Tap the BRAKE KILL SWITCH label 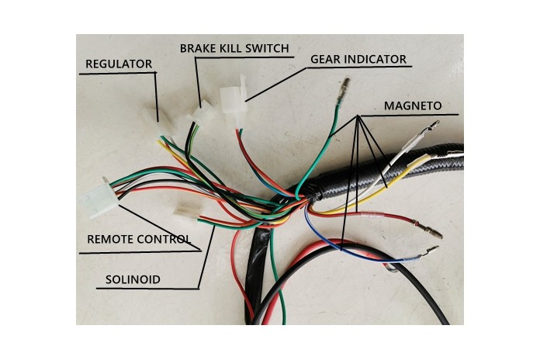click(234, 48)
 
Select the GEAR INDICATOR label click(358, 59)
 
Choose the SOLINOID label click(133, 278)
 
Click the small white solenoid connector click(185, 212)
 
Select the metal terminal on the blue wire click(429, 251)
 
